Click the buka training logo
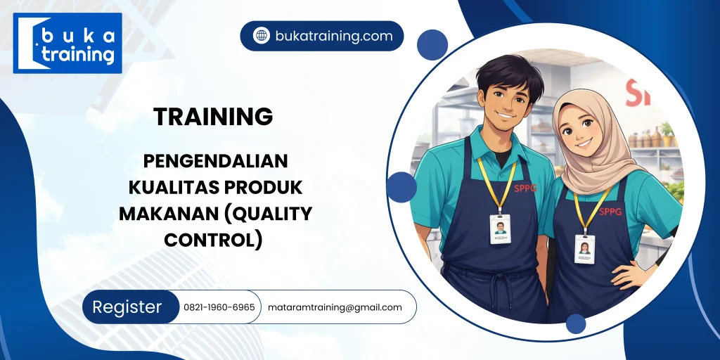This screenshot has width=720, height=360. point(67,44)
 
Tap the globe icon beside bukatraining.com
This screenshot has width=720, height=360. point(261,36)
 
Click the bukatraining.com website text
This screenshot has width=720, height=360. point(334,36)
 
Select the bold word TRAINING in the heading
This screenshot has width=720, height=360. point(213,117)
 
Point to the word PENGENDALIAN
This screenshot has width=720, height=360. point(216,161)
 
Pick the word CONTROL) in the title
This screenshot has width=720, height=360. point(213,240)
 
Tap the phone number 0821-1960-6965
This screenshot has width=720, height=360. point(219,307)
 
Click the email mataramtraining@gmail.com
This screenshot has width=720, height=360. point(335,307)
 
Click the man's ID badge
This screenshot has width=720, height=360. point(500,229)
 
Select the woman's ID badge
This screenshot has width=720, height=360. point(584,248)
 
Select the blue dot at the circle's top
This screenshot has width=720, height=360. point(432,45)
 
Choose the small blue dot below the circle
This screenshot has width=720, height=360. point(576,324)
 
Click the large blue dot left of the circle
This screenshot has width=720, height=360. point(401,187)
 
